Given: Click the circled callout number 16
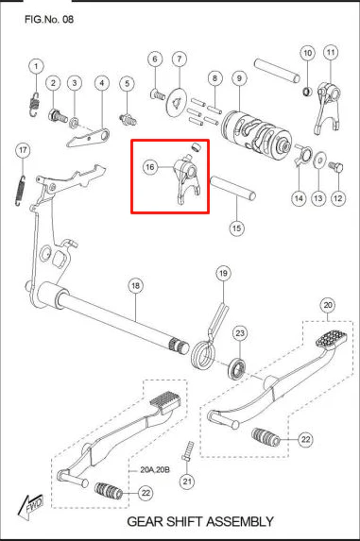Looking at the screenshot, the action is (x=150, y=167).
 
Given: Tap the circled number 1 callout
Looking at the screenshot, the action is (x=36, y=66).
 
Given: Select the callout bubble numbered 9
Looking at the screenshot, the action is (x=239, y=78).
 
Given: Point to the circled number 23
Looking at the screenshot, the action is (x=240, y=333).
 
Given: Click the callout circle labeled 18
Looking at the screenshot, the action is (x=136, y=286).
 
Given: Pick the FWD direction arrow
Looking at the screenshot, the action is (x=31, y=506).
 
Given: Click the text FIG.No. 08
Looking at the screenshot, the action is (x=49, y=19).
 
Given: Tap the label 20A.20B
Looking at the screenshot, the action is (x=155, y=470).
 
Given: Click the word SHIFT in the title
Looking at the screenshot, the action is (x=186, y=521).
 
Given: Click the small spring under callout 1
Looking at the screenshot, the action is (x=33, y=104).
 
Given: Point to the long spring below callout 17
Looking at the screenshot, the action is (x=20, y=191).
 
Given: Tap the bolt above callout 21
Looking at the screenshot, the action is (x=187, y=451).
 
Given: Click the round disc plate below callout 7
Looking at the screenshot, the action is (x=176, y=103).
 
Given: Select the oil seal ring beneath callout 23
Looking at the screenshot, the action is (x=237, y=368).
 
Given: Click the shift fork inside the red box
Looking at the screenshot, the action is (x=185, y=181).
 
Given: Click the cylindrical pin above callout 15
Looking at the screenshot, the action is (x=233, y=187).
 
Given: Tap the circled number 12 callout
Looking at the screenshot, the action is (x=337, y=198).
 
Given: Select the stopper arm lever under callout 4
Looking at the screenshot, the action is (x=89, y=138).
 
